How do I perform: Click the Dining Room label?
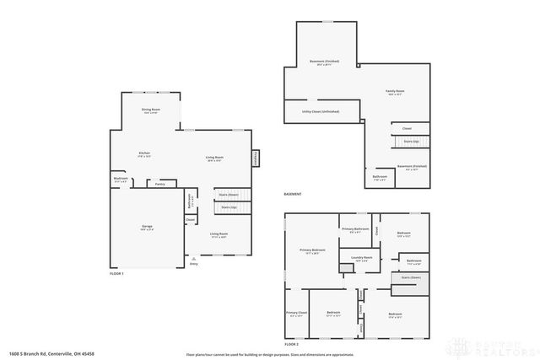[x=151, y=110]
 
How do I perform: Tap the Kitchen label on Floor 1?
[x=144, y=153]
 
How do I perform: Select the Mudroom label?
[x=120, y=180]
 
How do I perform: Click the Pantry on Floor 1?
[x=159, y=183]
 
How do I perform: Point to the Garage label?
[x=147, y=227]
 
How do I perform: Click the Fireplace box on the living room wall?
[x=253, y=158]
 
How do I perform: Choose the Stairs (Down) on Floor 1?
[x=228, y=194]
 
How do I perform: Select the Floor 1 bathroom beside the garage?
[x=190, y=203]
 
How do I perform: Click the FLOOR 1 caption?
[x=116, y=274]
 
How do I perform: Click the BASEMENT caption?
[x=293, y=195]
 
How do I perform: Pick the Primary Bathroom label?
[x=354, y=229]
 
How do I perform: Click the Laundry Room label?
[x=362, y=259]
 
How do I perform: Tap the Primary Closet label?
[x=297, y=314]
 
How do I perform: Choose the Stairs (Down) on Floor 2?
[x=411, y=277]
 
